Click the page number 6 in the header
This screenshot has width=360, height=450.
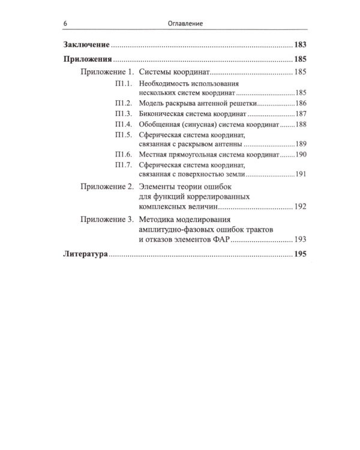(64, 23)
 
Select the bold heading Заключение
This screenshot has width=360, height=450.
(86, 45)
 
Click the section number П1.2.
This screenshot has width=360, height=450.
(122, 103)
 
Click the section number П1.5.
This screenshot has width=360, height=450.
(122, 135)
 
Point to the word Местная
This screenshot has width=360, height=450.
(154, 154)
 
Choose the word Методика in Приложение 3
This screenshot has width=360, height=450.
(158, 219)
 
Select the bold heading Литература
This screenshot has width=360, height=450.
(85, 255)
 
